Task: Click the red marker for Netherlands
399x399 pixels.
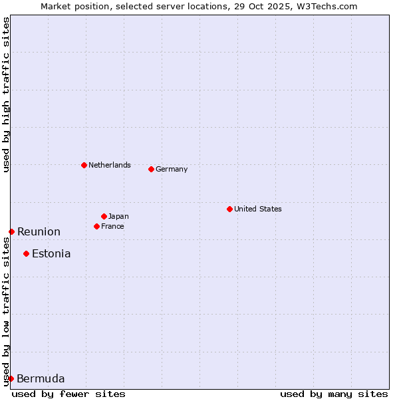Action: click(84, 165)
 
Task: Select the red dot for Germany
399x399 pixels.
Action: click(151, 169)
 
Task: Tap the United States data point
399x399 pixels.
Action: click(229, 209)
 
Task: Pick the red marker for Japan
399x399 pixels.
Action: click(104, 216)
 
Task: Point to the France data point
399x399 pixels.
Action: click(96, 226)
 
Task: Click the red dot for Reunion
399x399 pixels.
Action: click(11, 231)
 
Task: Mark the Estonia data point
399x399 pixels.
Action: click(26, 253)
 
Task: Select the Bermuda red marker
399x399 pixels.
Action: click(11, 378)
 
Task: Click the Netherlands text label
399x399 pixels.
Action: click(110, 165)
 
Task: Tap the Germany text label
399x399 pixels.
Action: click(172, 169)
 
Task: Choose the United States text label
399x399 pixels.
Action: click(258, 209)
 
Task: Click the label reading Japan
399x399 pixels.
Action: click(118, 216)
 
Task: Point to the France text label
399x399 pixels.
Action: click(113, 226)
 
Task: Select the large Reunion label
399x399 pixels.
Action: click(39, 231)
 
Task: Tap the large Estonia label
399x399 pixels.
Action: click(51, 253)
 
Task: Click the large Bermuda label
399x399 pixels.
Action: click(41, 379)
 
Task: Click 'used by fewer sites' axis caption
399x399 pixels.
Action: click(68, 394)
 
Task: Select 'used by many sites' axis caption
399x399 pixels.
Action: click(334, 394)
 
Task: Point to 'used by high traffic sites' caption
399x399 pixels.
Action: click(6, 94)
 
